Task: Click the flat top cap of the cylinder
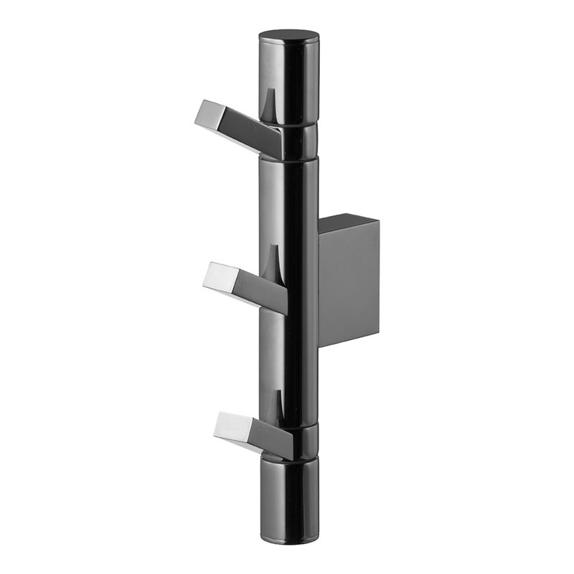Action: (x=288, y=37)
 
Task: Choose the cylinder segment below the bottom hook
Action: (x=288, y=495)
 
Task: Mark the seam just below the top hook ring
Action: (x=288, y=159)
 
